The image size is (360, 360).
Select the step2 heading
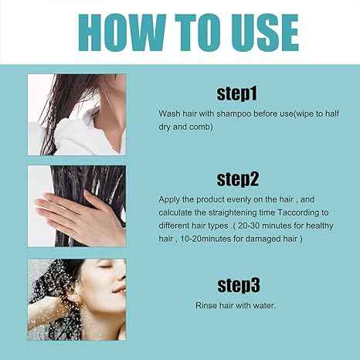click(x=239, y=179)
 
